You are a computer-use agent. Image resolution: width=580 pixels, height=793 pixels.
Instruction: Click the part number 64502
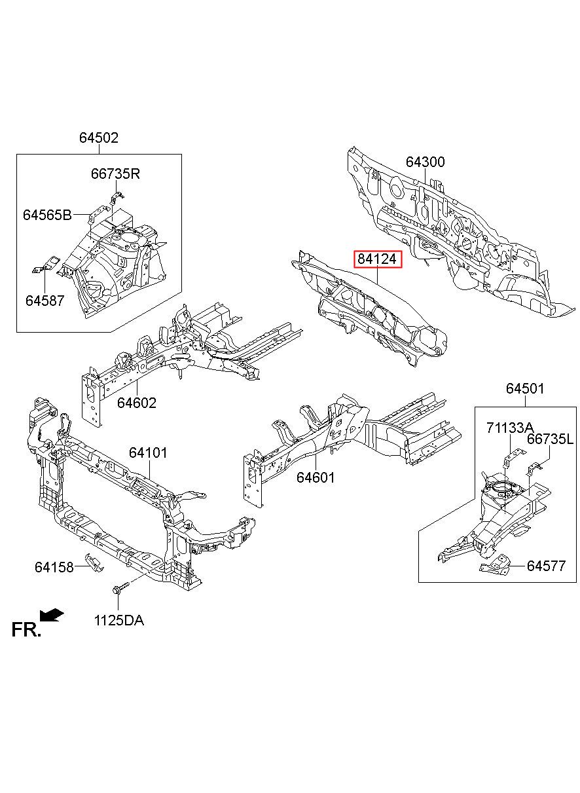click(x=98, y=138)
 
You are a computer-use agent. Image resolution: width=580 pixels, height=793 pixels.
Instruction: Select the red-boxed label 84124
click(x=378, y=259)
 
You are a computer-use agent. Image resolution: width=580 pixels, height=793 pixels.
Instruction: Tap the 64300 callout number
click(x=425, y=162)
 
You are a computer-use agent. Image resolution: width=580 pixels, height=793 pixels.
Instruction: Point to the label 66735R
click(x=115, y=174)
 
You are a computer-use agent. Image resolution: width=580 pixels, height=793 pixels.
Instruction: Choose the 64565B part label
click(x=47, y=215)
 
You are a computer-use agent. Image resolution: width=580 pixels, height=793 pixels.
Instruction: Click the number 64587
click(x=45, y=301)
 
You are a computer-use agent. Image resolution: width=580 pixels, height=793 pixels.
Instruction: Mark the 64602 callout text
click(x=137, y=403)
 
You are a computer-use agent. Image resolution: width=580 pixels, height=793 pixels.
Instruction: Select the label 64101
click(x=148, y=452)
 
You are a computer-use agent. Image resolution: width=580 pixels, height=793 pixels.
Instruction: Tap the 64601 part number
click(x=316, y=477)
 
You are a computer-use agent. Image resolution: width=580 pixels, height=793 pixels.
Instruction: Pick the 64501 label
click(x=525, y=388)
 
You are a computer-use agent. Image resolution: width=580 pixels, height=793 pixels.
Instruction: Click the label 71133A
click(x=510, y=428)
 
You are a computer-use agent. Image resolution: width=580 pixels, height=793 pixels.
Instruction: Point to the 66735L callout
click(x=550, y=439)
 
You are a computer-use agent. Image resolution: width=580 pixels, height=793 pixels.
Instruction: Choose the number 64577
click(x=547, y=566)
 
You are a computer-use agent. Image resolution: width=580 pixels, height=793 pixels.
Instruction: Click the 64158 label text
click(x=54, y=567)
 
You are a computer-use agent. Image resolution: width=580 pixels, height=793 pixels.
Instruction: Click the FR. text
click(x=26, y=630)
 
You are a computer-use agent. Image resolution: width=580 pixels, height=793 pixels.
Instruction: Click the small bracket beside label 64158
click(x=94, y=563)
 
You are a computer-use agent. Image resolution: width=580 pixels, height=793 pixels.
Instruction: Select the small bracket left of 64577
click(x=494, y=564)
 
